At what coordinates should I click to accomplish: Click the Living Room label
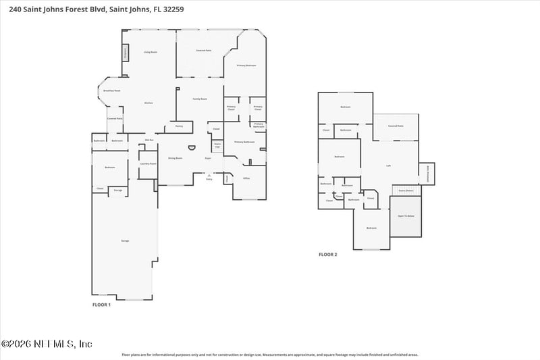click(x=150, y=52)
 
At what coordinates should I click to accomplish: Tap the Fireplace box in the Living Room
click(x=125, y=52)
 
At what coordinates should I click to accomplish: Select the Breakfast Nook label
click(x=112, y=91)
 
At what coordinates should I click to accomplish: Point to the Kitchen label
click(x=148, y=103)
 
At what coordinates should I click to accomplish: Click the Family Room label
click(x=200, y=99)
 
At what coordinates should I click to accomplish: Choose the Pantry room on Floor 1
click(x=179, y=126)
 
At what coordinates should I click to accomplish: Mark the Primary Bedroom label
click(x=246, y=66)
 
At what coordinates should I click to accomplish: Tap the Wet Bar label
click(x=150, y=140)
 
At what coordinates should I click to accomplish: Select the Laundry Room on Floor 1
click(x=148, y=163)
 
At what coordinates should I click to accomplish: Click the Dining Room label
click(x=175, y=158)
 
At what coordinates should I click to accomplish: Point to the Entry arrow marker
click(x=209, y=176)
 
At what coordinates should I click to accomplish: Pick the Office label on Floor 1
click(x=247, y=178)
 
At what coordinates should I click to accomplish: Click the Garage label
click(x=125, y=240)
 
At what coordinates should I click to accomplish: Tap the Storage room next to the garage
click(x=118, y=190)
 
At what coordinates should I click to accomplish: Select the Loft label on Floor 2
click(x=388, y=166)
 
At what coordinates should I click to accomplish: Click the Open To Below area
click(x=406, y=216)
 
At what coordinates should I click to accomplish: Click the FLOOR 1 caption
click(x=101, y=305)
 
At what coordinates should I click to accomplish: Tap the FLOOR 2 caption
click(x=328, y=255)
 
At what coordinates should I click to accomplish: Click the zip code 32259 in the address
click(x=172, y=10)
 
